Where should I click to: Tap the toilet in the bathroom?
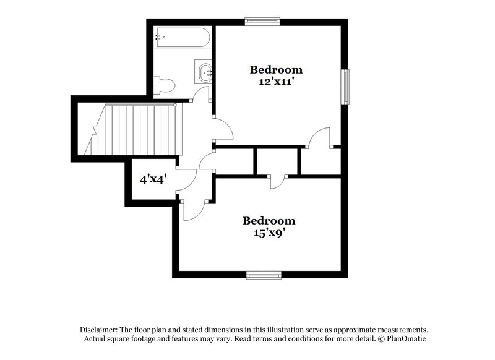coord(163,85)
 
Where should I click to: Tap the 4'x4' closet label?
coord(153,180)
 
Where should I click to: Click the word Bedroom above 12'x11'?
coord(276,69)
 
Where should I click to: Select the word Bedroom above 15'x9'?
coord(269,220)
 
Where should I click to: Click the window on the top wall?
coord(262,21)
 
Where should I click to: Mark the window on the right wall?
coord(346,87)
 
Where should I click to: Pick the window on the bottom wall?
coord(264,275)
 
